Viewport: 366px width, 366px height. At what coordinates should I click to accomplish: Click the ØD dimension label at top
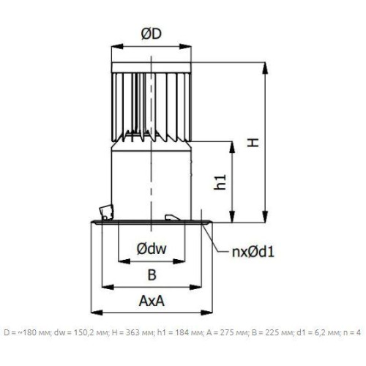(x=152, y=34)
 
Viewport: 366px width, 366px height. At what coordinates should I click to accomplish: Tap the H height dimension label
(x=253, y=142)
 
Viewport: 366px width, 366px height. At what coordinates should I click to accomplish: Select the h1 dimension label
(x=220, y=182)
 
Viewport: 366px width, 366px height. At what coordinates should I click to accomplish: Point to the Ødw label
(x=152, y=249)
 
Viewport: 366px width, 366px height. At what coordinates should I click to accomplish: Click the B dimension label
(x=152, y=274)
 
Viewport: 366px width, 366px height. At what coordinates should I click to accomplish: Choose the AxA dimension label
(x=152, y=301)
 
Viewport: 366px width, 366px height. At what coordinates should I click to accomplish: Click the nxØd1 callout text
(x=253, y=252)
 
